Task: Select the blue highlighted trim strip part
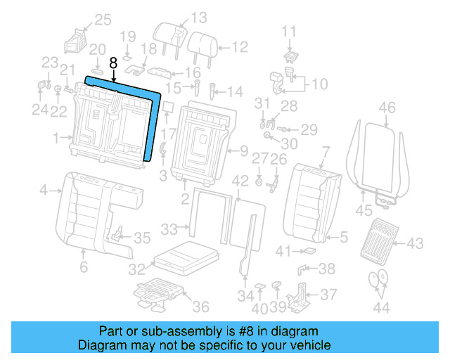pyautogui.click(x=152, y=120)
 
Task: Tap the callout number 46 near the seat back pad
pyautogui.click(x=387, y=108)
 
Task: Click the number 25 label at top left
pyautogui.click(x=103, y=20)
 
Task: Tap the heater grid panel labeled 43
pyautogui.click(x=380, y=239)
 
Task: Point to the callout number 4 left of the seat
pyautogui.click(x=43, y=190)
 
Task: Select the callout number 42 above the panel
pyautogui.click(x=240, y=181)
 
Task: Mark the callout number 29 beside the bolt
pyautogui.click(x=309, y=129)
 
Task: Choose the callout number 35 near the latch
pyautogui.click(x=142, y=238)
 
